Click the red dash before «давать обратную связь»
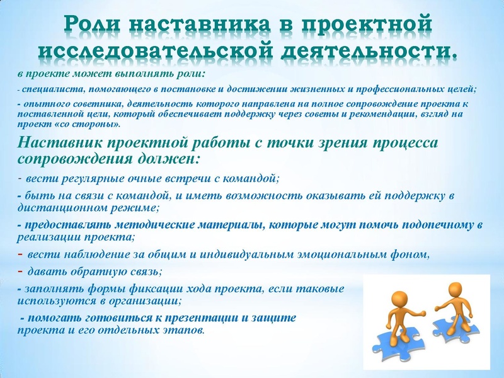click(x=20, y=272)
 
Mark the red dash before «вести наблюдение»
click(x=20, y=255)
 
